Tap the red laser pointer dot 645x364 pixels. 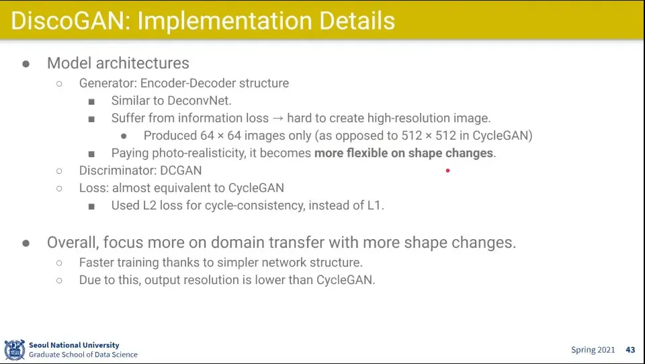pos(447,171)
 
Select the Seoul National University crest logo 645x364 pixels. pos(15,350)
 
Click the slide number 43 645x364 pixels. pos(630,350)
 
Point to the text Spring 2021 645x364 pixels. pos(593,350)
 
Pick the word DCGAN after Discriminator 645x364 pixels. pos(181,171)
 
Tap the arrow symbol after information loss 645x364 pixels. pos(278,118)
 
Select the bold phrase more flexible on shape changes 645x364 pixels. pos(404,153)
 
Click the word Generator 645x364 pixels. pos(107,83)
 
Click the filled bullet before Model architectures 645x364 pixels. pos(26,64)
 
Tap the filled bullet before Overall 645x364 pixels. pos(26,243)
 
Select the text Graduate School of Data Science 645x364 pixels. pos(83,355)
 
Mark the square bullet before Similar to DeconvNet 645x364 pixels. pos(91,101)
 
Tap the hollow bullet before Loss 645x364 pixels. pos(59,188)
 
